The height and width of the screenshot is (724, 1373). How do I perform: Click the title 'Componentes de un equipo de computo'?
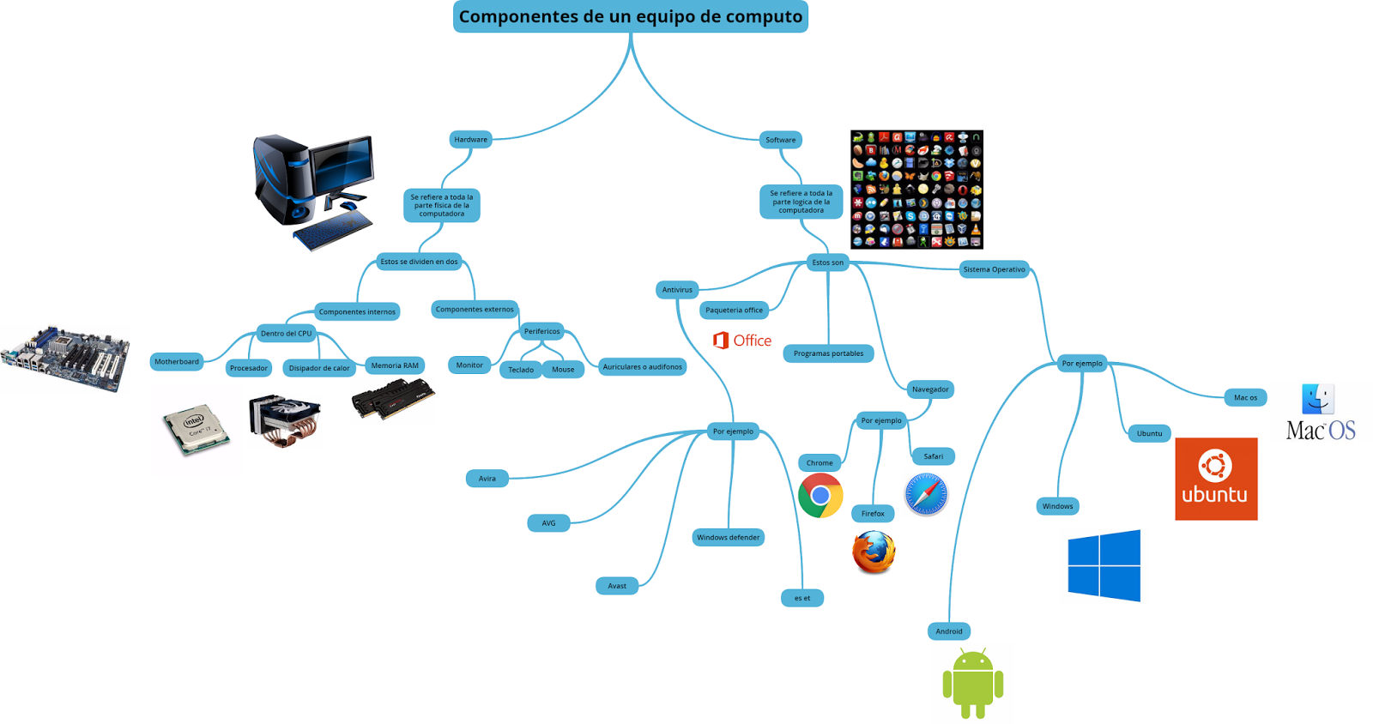pos(630,16)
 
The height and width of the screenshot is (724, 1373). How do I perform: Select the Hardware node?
pos(470,140)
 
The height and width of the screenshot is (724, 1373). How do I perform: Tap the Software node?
pos(780,140)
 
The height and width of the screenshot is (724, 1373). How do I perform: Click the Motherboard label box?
pos(177,362)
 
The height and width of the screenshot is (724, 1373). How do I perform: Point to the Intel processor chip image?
pos(197,429)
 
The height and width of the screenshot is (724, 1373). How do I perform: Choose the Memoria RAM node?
pos(395,365)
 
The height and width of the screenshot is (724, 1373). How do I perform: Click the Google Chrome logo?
pos(820,495)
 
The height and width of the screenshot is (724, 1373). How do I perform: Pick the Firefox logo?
pos(874,552)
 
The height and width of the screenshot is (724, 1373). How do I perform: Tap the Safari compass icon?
pos(926,494)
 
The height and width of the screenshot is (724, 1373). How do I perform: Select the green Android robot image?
pos(972,683)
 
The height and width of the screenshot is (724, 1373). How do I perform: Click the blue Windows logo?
pos(1104,565)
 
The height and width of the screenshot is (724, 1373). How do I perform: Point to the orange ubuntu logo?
pos(1215,479)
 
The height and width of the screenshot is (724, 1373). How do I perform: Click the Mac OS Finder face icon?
pos(1318,400)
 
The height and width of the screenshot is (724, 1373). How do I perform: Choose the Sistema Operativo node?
pos(994,269)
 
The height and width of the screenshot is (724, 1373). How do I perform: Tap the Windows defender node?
pos(728,538)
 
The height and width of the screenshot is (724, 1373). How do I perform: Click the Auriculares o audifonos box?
pos(642,367)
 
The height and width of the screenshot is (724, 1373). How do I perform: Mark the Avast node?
pos(617,586)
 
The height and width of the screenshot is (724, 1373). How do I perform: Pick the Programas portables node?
pos(828,353)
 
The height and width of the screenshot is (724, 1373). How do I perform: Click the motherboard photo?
pos(66,357)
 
